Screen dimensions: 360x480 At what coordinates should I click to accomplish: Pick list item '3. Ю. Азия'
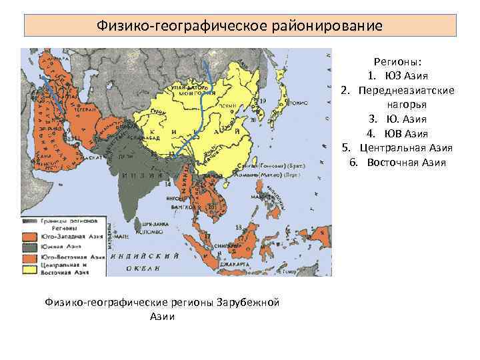(x=401, y=119)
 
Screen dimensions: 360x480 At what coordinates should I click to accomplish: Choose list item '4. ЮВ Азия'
(x=401, y=133)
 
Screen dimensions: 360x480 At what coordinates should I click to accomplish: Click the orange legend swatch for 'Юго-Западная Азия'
(x=29, y=235)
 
